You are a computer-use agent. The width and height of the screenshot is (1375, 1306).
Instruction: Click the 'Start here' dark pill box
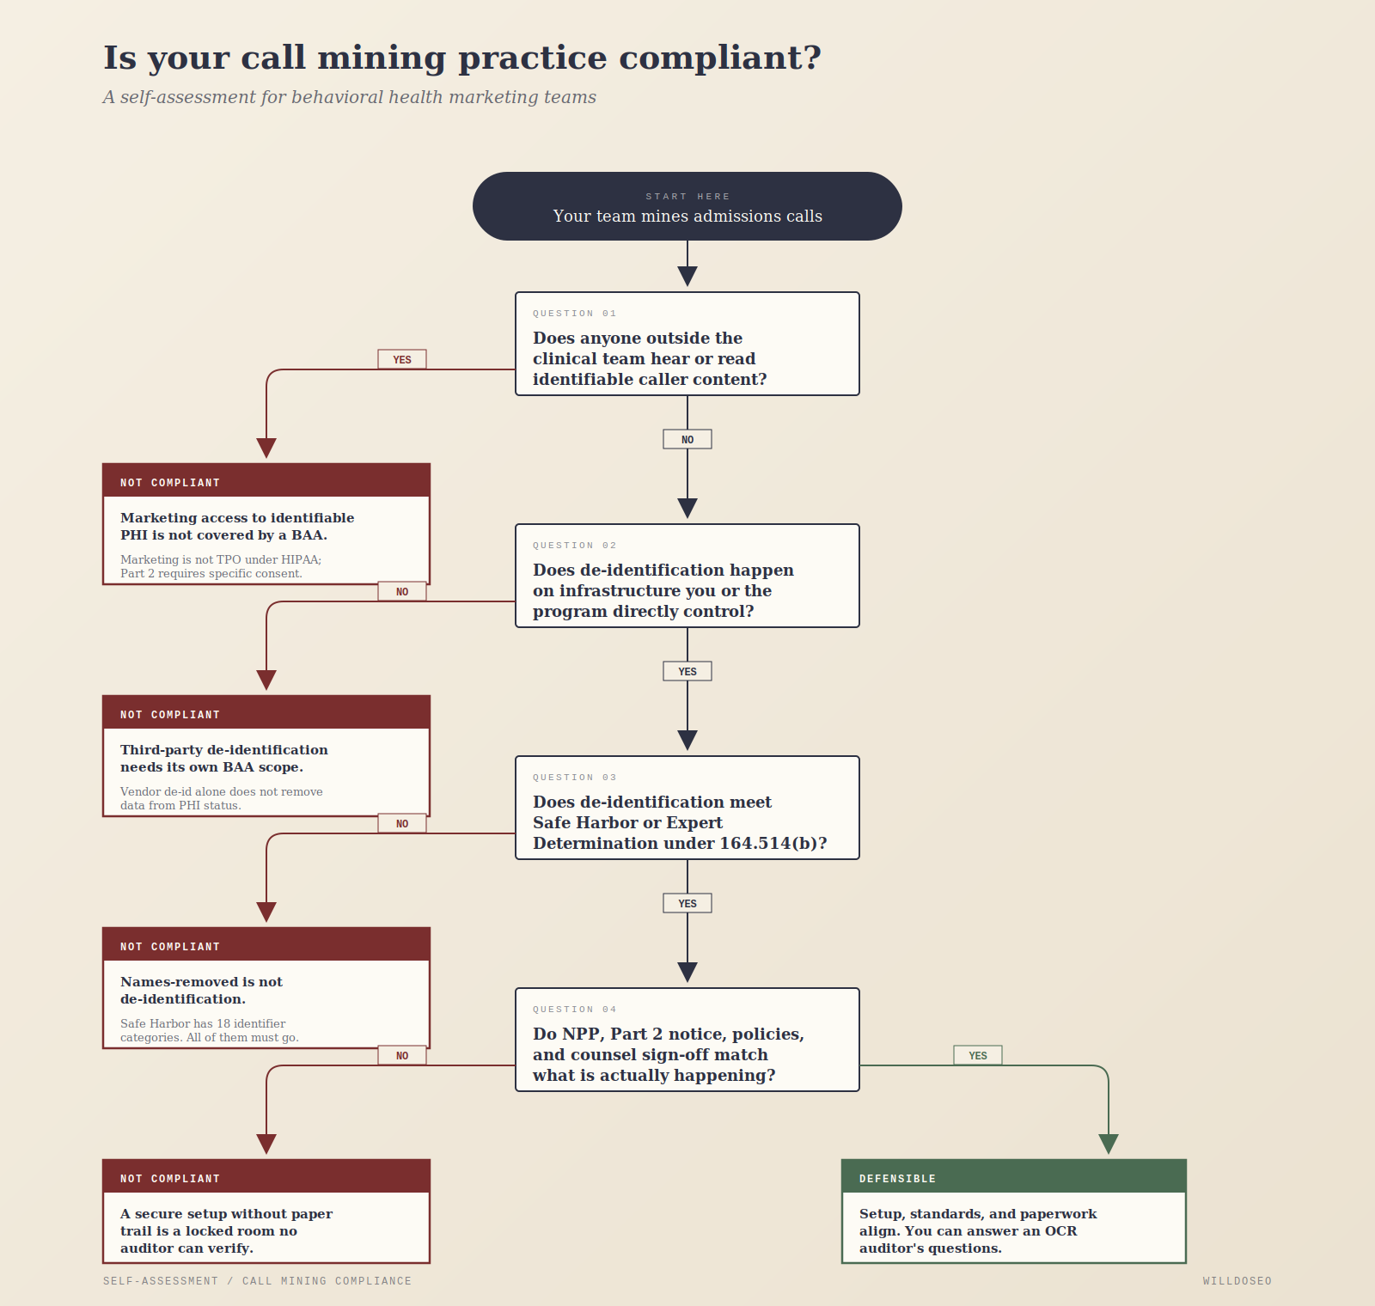tap(687, 206)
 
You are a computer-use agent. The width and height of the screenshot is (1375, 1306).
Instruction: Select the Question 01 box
tap(687, 344)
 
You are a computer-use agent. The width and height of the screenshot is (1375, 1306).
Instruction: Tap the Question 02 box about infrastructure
tap(687, 576)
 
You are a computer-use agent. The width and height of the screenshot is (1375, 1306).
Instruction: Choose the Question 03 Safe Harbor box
tap(687, 808)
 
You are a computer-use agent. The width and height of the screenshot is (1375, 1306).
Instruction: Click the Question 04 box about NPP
tap(687, 1040)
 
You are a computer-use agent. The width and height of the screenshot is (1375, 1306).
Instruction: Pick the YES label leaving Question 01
tap(402, 359)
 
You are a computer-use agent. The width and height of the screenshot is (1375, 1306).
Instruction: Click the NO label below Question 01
tap(687, 439)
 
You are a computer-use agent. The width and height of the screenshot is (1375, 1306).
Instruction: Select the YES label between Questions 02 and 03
tap(687, 671)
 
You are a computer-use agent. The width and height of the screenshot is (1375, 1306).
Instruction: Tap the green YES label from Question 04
tap(978, 1055)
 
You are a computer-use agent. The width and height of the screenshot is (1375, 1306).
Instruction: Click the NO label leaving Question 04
tap(402, 1055)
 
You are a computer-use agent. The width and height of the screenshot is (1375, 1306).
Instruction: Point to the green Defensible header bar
tap(1014, 1176)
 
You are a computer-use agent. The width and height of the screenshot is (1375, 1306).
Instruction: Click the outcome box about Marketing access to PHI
tap(266, 524)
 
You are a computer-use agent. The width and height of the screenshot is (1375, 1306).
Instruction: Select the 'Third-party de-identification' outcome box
tap(266, 756)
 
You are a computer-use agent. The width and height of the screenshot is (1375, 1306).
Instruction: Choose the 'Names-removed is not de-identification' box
tap(266, 988)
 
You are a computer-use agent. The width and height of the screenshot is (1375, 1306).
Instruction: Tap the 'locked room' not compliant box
tap(266, 1211)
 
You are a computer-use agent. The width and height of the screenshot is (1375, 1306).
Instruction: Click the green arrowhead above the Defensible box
tap(1109, 1144)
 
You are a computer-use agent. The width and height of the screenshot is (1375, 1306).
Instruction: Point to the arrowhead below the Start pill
tap(687, 276)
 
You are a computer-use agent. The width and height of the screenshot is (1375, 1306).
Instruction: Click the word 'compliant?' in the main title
tap(720, 58)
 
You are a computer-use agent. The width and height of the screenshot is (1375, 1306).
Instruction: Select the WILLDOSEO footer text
tap(1237, 1281)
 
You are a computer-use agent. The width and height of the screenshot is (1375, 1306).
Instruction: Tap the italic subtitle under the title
tap(350, 97)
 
